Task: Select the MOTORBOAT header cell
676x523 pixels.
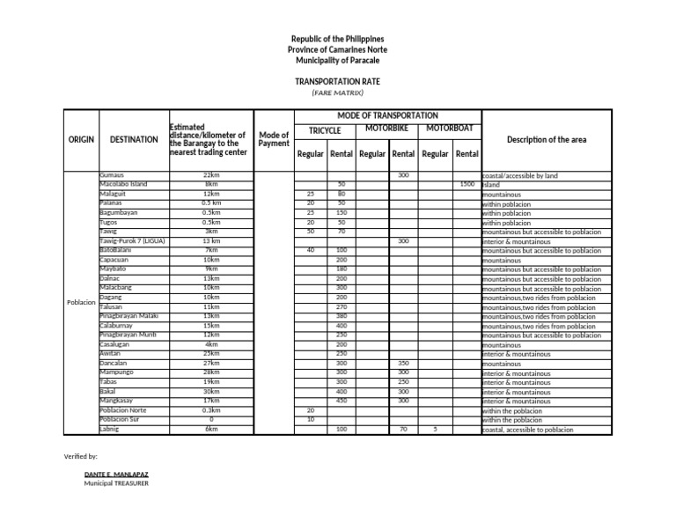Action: pos(449,129)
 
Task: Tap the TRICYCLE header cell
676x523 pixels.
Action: pos(325,129)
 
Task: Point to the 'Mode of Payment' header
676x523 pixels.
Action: pos(274,139)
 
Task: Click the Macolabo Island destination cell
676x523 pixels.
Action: pos(123,185)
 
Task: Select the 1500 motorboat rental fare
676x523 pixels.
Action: pos(467,185)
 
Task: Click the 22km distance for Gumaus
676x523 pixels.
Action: pos(211,175)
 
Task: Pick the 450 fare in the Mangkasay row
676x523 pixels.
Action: pos(341,401)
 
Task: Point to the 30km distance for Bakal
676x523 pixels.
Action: pos(211,392)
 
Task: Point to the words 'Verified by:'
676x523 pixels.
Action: pos(81,456)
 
